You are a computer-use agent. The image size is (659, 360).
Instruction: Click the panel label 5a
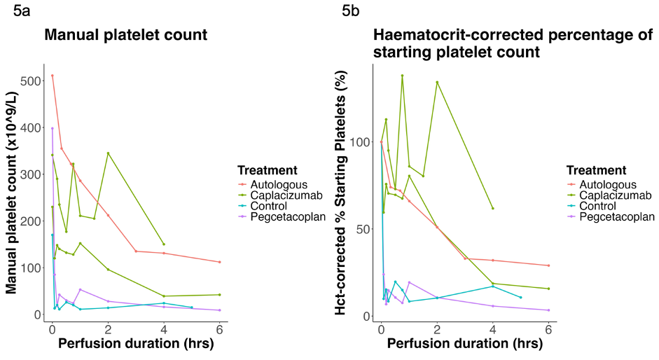23,11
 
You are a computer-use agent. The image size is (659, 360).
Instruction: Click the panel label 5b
352,11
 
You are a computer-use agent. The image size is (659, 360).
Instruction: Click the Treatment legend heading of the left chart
268,170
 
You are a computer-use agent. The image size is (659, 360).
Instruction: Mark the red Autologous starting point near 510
52,76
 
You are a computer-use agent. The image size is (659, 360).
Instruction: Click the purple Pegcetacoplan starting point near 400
52,128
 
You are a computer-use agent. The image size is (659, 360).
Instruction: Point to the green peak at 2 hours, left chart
108,153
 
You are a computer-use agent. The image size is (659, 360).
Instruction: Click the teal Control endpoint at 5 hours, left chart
192,307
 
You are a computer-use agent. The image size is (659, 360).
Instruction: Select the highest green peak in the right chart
402,76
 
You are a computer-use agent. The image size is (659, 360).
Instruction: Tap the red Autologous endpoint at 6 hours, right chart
548,265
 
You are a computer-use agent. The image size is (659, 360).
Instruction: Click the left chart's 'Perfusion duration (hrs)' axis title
125,345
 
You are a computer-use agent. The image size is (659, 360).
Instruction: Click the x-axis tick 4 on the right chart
493,329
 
